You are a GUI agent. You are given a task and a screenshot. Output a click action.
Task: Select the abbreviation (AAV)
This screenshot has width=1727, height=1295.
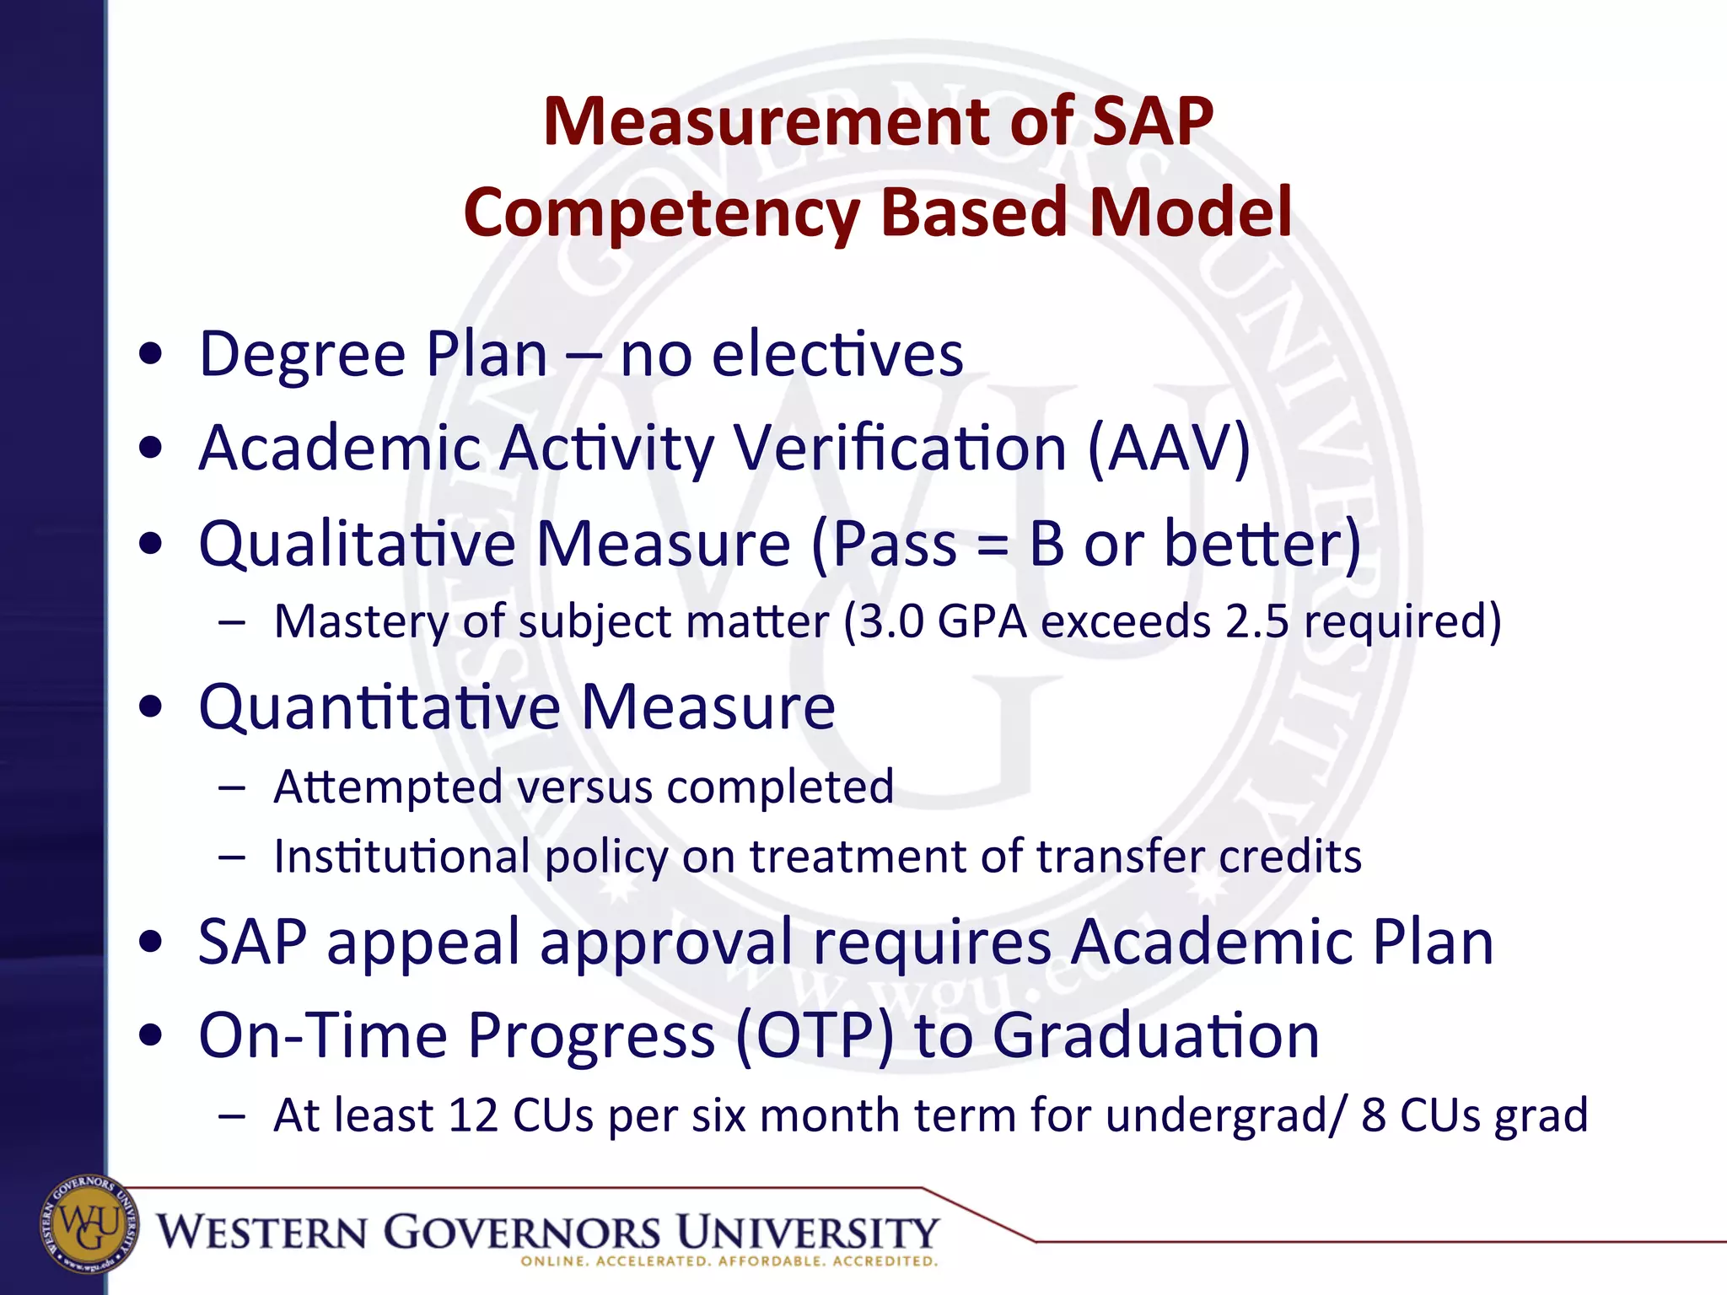1168,449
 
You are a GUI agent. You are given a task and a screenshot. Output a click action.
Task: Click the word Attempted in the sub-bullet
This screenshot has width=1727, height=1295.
388,787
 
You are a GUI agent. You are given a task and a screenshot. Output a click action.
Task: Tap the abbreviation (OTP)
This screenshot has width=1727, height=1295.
814,1036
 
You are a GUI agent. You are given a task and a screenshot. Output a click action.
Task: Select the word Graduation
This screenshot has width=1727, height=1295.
1155,1036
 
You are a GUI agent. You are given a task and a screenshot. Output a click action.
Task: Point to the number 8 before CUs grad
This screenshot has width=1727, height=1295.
1374,1115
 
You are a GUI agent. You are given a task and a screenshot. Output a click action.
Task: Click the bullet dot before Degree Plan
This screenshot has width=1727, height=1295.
152,355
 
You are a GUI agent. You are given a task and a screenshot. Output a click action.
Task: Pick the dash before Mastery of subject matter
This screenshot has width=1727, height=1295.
231,623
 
